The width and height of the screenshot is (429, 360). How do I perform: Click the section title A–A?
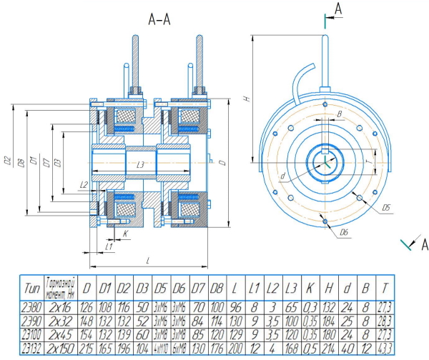coord(159,21)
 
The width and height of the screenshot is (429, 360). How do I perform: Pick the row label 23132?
coord(31,346)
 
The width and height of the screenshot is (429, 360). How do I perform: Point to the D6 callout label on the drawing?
coord(343,233)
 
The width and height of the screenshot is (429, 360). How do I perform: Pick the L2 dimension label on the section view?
coord(84,185)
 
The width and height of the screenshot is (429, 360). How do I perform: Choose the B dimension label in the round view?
coord(340,113)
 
